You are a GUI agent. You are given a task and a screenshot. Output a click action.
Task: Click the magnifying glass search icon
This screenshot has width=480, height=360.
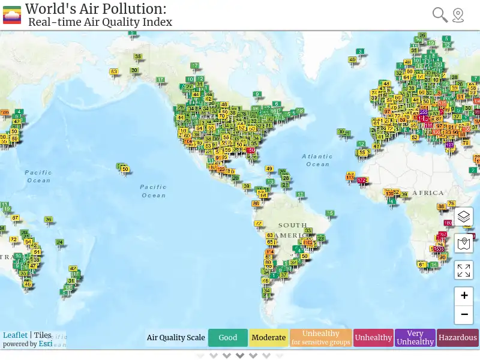(440, 15)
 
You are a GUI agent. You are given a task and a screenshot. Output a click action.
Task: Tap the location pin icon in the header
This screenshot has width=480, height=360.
(458, 15)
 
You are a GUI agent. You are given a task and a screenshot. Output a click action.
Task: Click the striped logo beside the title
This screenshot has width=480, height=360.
(12, 15)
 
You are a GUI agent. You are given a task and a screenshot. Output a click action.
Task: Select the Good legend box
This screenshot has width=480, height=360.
(228, 338)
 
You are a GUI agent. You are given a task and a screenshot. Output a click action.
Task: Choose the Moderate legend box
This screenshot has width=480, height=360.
(269, 338)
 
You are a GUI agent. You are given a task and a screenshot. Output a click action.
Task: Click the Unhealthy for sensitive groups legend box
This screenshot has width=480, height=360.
(321, 338)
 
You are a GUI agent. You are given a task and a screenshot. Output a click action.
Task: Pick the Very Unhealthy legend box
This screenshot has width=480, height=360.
(415, 338)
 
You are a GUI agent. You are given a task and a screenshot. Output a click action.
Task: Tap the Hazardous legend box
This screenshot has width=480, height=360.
(458, 338)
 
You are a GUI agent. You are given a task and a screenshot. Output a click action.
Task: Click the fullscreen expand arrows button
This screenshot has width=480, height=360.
(464, 270)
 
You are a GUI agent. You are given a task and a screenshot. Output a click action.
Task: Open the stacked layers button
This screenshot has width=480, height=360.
(464, 217)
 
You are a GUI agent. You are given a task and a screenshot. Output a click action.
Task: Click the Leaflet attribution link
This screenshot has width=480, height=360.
(15, 335)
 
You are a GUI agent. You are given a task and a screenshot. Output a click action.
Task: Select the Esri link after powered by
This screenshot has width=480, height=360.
(46, 344)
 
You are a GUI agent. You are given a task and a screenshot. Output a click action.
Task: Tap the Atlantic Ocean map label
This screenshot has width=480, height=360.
(317, 160)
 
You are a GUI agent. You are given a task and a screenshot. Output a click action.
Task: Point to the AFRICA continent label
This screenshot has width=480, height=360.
(428, 193)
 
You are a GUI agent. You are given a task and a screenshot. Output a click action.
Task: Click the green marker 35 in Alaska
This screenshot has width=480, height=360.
(138, 58)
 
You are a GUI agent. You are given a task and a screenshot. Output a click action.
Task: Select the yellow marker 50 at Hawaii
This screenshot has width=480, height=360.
(125, 169)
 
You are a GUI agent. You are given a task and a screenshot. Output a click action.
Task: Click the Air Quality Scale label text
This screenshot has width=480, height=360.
(176, 338)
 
